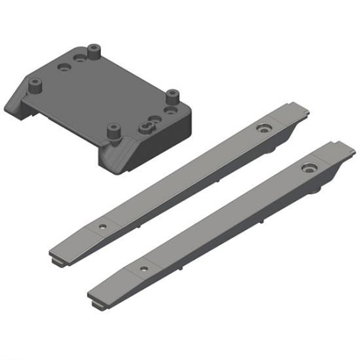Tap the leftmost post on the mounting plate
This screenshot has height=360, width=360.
tap(34, 84)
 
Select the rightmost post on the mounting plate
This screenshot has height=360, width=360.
tap(172, 97)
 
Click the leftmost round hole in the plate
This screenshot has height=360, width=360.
tap(64, 67)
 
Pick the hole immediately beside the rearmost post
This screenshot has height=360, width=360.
tap(81, 58)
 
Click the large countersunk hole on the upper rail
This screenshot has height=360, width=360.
tap(264, 127)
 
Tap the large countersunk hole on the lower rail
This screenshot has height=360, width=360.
tap(308, 168)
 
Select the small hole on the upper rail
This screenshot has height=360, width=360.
tap(101, 224)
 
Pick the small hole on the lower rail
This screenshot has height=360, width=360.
tap(141, 269)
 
